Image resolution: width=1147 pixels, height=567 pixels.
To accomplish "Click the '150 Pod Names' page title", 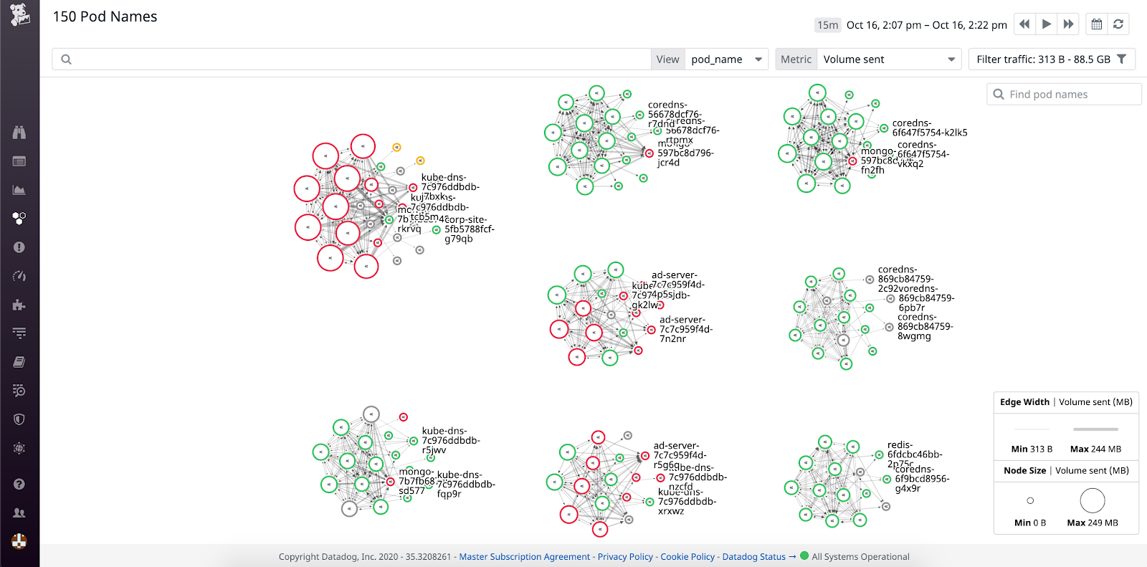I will click(x=105, y=16).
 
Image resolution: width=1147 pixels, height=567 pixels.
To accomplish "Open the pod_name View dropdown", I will click(x=726, y=59).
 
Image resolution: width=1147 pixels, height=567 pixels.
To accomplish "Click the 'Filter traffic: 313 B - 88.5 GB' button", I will click(x=1051, y=59).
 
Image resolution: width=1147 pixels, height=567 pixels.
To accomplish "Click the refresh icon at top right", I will click(x=1118, y=24).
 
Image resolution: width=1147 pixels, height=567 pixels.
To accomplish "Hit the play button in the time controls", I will click(x=1047, y=24).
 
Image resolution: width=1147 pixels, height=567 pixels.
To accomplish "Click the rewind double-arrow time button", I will click(x=1024, y=24).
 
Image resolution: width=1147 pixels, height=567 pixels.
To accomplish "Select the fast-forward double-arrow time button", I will click(x=1068, y=24).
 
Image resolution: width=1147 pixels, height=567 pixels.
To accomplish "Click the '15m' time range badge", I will click(x=827, y=25).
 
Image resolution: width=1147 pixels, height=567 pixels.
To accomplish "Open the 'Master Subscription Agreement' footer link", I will click(x=524, y=557).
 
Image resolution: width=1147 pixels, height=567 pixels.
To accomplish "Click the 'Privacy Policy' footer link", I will click(x=625, y=557).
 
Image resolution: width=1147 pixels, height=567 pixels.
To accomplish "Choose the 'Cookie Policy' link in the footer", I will click(x=687, y=557).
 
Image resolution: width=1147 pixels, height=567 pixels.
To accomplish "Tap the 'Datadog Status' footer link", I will click(x=754, y=557).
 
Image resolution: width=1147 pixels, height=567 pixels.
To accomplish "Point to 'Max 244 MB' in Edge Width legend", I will click(x=1095, y=449).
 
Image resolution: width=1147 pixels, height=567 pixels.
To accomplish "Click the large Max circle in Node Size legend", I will click(x=1093, y=500).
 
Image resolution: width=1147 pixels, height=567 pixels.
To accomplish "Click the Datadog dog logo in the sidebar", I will click(x=19, y=14).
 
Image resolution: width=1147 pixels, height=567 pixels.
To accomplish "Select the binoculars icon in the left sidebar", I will click(x=19, y=133).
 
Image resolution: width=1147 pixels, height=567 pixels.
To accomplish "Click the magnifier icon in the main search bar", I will click(x=66, y=59).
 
